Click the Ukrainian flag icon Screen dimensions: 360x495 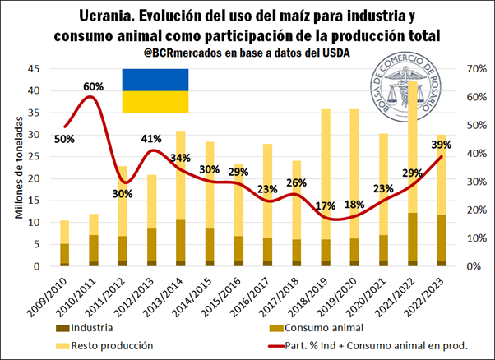[155, 90]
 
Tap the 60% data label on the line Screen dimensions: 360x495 [92, 86]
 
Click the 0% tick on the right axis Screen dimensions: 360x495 [476, 266]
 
